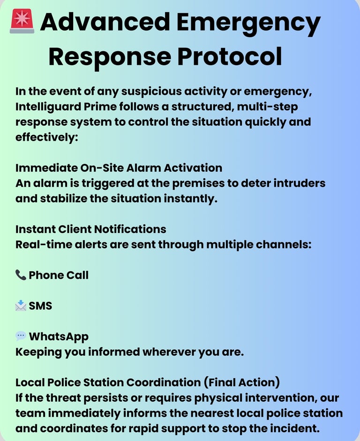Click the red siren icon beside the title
[x=22, y=22]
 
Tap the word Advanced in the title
[x=105, y=22]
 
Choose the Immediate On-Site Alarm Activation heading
[x=119, y=168]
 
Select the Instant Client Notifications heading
[x=91, y=229]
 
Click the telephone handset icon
[x=21, y=275]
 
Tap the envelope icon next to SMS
[x=21, y=306]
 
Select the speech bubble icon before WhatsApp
[x=21, y=336]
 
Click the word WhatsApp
[x=59, y=336]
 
